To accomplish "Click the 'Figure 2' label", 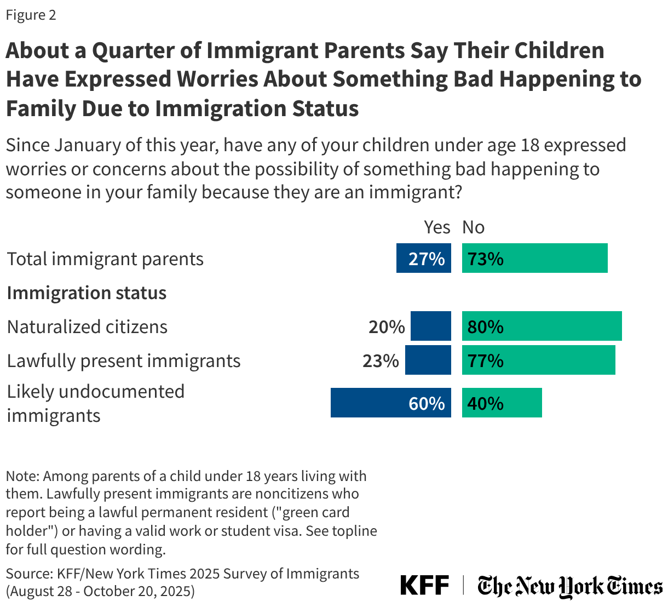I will pyautogui.click(x=31, y=15).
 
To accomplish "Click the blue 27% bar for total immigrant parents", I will pyautogui.click(x=423, y=258).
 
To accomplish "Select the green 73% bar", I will pyautogui.click(x=534, y=258).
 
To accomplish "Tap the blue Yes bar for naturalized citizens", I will pyautogui.click(x=430, y=326).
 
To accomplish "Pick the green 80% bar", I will pyautogui.click(x=542, y=326).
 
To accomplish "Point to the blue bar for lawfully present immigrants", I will pyautogui.click(x=428, y=360).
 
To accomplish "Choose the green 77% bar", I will pyautogui.click(x=538, y=360).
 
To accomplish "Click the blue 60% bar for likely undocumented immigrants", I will pyautogui.click(x=390, y=403).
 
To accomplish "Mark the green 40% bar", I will pyautogui.click(x=502, y=403).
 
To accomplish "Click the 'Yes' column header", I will pyautogui.click(x=437, y=227).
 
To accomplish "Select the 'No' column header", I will pyautogui.click(x=473, y=227).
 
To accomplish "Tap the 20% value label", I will pyautogui.click(x=386, y=327).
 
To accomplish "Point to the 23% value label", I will pyautogui.click(x=381, y=360).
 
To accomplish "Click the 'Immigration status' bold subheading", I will pyautogui.click(x=87, y=293).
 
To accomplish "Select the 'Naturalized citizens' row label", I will pyautogui.click(x=87, y=327).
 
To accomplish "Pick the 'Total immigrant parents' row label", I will pyautogui.click(x=105, y=259).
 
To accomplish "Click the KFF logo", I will pyautogui.click(x=424, y=585).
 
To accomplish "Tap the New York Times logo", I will pyautogui.click(x=569, y=586).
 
